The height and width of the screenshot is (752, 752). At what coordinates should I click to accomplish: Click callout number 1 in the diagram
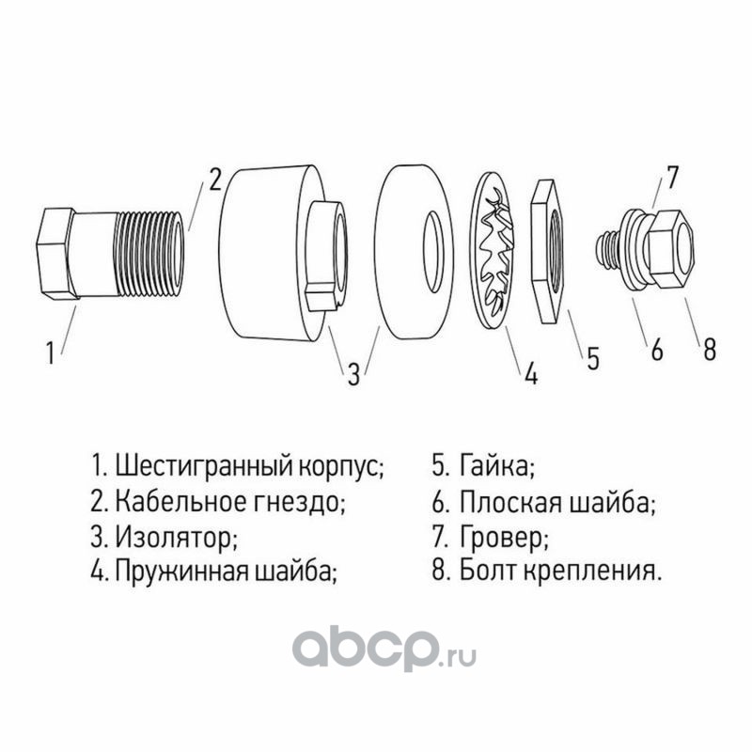[51, 352]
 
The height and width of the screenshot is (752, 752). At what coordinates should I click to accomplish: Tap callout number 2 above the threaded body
[214, 179]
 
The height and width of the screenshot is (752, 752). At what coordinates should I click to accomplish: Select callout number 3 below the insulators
[353, 373]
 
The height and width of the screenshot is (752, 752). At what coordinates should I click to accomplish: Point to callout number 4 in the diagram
[531, 372]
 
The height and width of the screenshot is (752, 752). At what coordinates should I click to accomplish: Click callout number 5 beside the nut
[594, 358]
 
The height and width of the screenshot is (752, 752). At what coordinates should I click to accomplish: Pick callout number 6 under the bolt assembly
[657, 349]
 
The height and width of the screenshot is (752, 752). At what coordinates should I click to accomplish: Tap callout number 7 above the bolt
[672, 177]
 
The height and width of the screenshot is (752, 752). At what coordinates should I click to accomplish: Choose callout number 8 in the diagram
[710, 349]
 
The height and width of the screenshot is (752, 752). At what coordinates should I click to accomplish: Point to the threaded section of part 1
[149, 254]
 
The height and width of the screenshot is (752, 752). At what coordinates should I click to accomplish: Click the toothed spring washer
[492, 251]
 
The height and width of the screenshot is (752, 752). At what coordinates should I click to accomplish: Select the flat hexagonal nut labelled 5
[550, 251]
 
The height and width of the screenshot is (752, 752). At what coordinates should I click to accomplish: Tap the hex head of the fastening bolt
[670, 249]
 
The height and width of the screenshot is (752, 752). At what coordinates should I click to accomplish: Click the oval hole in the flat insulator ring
[433, 252]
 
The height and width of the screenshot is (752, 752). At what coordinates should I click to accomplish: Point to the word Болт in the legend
[488, 571]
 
